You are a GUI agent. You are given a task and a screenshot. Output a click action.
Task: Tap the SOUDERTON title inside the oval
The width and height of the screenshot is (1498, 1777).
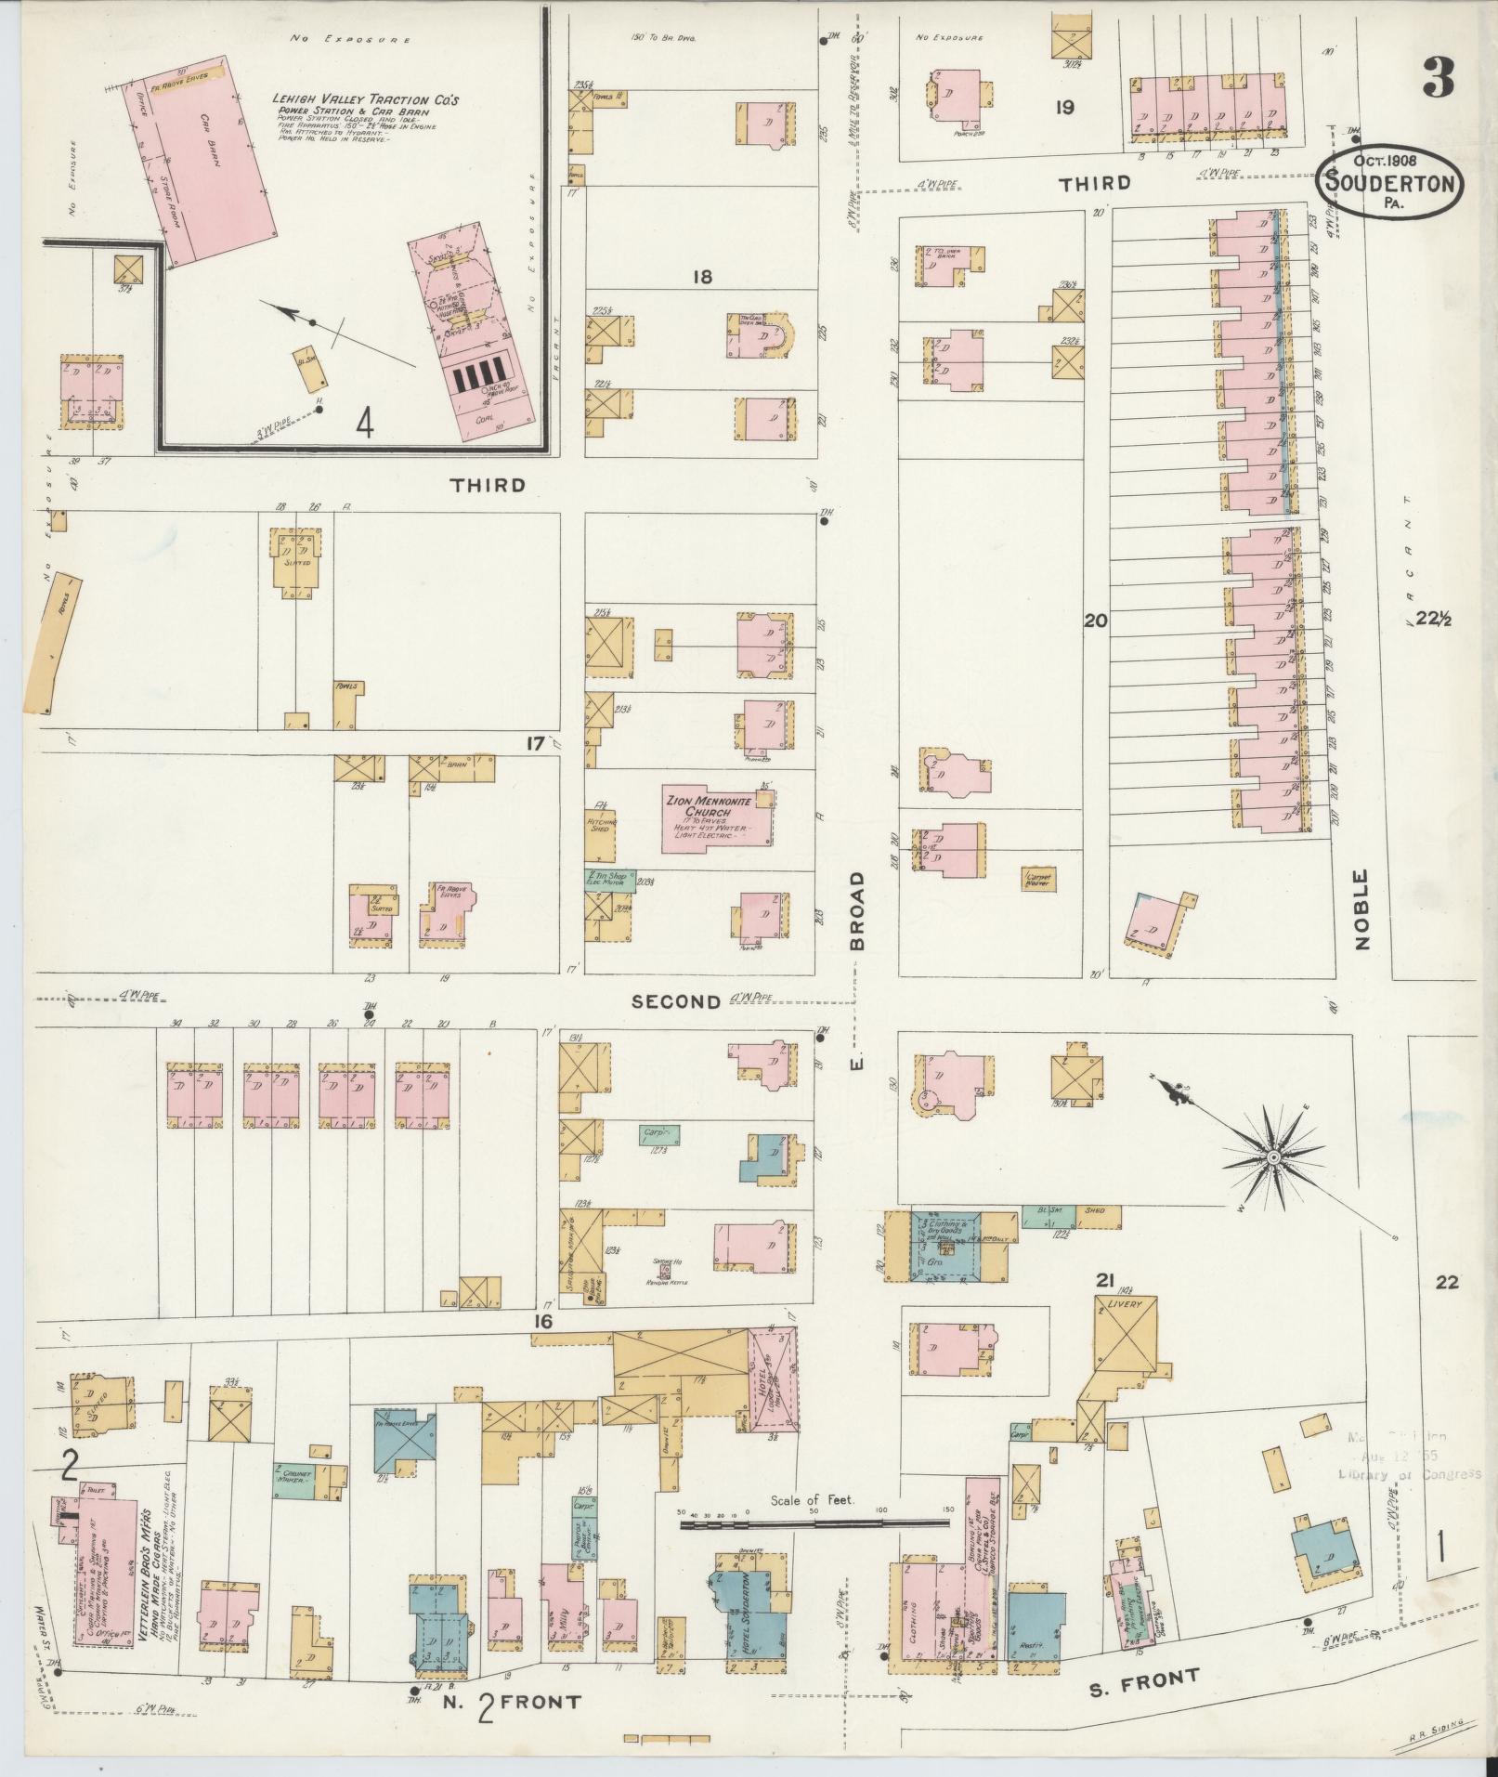point(1389,183)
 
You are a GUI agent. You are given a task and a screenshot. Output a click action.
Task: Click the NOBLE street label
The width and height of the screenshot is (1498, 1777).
point(1361,909)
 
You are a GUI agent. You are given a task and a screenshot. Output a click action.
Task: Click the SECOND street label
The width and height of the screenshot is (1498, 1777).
point(676,1001)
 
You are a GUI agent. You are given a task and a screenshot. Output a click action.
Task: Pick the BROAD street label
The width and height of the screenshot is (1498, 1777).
point(856,910)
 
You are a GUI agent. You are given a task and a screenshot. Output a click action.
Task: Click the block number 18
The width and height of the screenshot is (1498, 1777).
point(701,276)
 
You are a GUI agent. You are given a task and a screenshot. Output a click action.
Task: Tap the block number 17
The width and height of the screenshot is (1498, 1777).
point(534,743)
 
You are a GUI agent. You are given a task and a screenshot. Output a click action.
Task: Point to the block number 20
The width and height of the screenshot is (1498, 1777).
point(1096,621)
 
